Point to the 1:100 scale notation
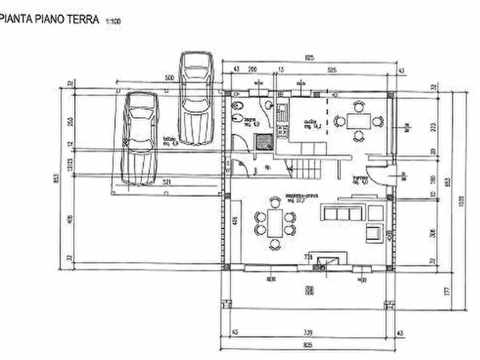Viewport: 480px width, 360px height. click(113, 21)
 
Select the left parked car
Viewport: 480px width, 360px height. click(140, 138)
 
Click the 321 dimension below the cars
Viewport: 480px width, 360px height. click(167, 183)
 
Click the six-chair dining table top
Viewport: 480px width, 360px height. click(275, 222)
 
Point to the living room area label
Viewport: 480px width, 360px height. click(296, 197)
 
